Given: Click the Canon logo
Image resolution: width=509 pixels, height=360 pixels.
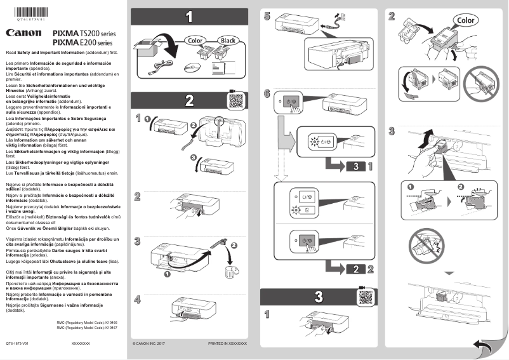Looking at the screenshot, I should [24, 33].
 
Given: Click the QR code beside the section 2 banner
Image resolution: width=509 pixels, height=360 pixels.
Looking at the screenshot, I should [235, 100].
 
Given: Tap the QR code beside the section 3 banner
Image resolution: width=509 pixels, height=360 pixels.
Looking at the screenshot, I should [366, 297].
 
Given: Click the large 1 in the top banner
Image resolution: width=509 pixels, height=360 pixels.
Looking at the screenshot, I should [188, 17].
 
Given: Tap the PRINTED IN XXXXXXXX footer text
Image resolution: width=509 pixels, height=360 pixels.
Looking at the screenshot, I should [227, 343].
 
